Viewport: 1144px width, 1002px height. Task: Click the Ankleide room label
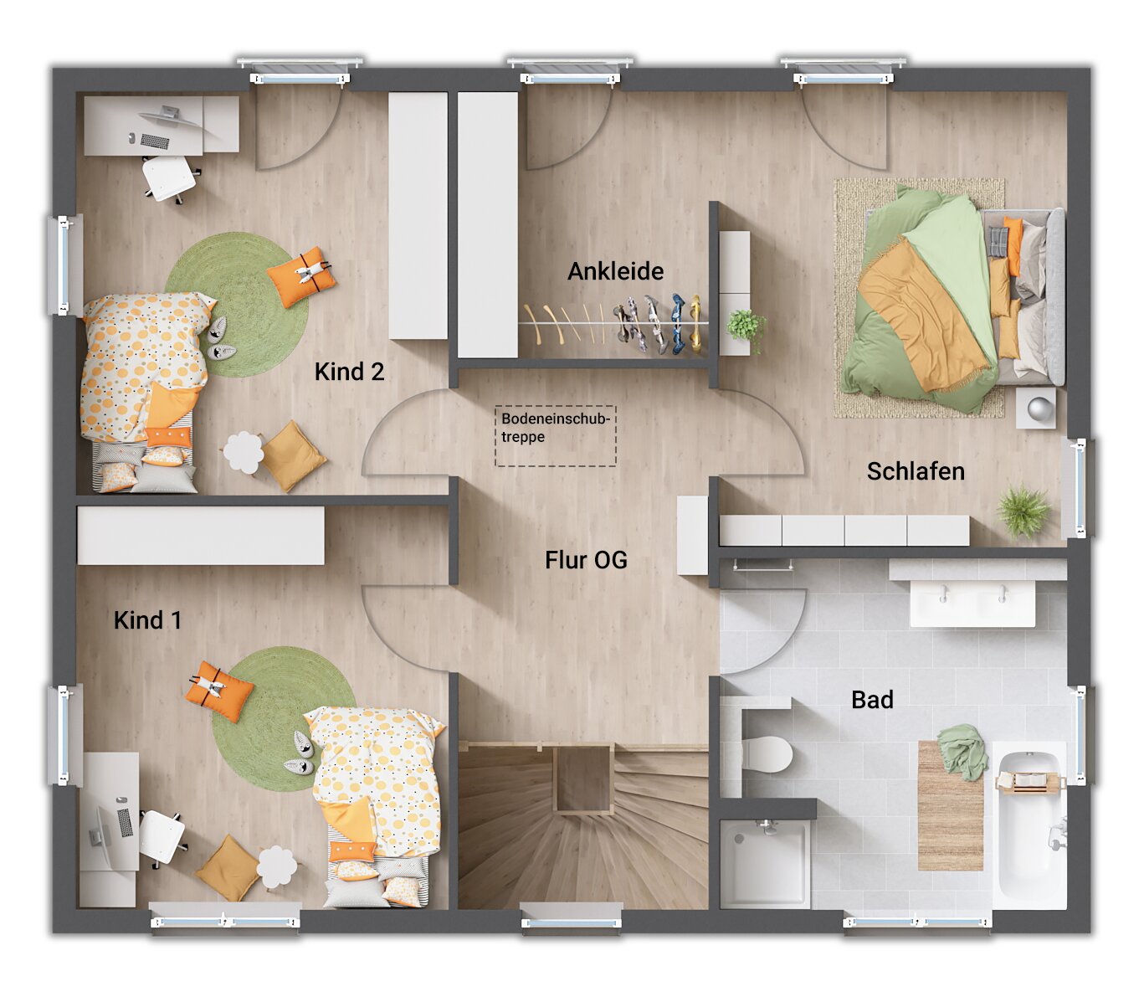[615, 271]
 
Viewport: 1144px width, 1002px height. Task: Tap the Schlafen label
[916, 471]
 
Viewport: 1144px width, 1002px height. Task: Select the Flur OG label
[586, 560]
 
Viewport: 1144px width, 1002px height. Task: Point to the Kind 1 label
[147, 620]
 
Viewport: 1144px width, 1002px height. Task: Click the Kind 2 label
[349, 372]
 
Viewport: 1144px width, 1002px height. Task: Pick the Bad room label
[872, 700]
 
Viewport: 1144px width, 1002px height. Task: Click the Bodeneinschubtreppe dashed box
[556, 435]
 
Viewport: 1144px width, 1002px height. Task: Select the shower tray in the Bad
[765, 863]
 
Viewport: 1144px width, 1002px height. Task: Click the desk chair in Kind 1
[161, 836]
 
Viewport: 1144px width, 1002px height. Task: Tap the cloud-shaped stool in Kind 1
[277, 866]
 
